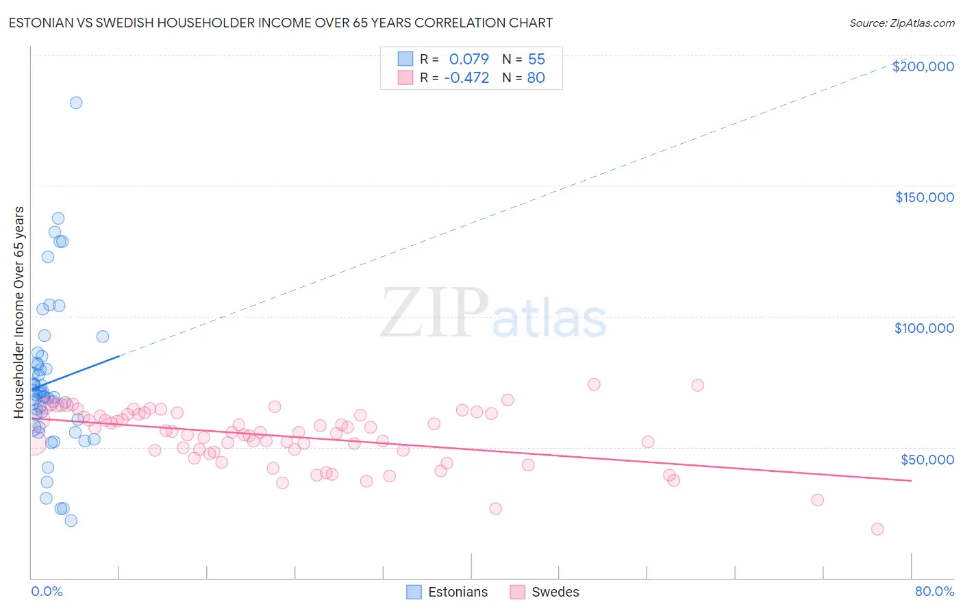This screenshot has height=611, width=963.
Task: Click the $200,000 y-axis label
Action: click(x=923, y=66)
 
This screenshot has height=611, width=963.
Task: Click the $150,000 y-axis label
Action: click(x=924, y=197)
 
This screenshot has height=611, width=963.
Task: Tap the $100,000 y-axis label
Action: click(x=924, y=328)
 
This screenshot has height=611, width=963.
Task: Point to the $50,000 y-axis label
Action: click(x=927, y=459)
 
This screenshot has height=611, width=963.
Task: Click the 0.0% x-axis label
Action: click(x=47, y=591)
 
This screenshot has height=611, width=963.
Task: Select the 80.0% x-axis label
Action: click(x=934, y=591)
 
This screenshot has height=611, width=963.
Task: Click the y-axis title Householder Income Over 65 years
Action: click(x=18, y=312)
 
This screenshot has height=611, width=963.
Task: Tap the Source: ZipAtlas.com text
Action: click(x=901, y=23)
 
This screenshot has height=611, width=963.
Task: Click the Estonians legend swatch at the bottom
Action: click(x=414, y=592)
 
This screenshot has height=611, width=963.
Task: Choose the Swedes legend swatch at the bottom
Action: click(x=517, y=592)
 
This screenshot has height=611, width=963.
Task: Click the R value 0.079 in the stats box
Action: click(x=468, y=59)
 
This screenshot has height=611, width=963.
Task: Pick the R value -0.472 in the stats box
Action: click(x=466, y=78)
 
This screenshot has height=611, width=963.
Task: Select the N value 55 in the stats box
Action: click(x=536, y=59)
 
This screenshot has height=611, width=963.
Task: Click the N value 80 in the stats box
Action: click(x=536, y=78)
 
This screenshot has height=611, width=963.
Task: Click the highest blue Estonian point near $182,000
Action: click(x=76, y=103)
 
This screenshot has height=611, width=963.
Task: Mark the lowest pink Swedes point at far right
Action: click(x=877, y=529)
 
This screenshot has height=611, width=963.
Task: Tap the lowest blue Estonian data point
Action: click(x=71, y=521)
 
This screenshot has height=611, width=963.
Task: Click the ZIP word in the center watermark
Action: click(x=434, y=313)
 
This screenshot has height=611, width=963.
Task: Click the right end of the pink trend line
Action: click(x=911, y=481)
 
